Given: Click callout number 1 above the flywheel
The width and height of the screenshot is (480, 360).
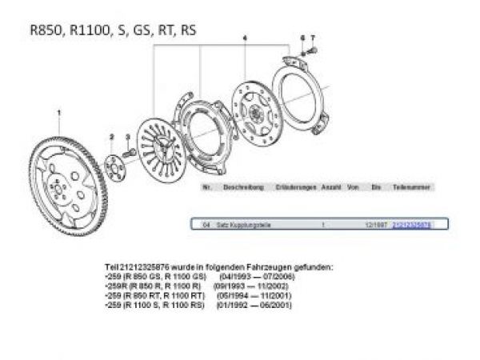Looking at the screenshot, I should tap(58, 114).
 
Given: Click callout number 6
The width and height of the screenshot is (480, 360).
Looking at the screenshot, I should tap(302, 38).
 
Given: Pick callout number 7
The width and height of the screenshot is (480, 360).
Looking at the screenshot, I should tap(313, 38).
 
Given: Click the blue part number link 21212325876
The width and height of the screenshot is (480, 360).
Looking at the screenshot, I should tap(411, 226).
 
